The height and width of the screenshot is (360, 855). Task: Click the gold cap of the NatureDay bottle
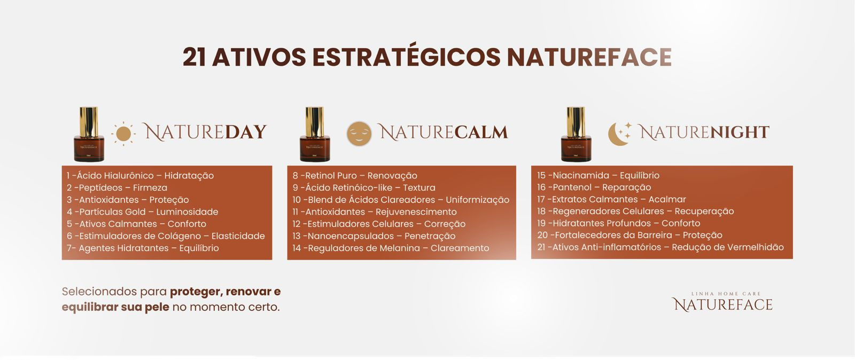89,122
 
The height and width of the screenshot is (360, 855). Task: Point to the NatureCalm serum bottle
315,134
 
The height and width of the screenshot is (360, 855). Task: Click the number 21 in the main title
195,57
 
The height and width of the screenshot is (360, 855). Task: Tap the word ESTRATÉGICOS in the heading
407,57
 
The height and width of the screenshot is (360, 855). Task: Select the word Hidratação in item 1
189,176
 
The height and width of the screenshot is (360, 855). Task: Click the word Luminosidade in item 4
187,212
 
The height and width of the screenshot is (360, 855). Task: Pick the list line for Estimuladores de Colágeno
166,236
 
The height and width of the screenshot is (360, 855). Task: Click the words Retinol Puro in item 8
331,176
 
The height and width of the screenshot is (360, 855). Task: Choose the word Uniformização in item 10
478,200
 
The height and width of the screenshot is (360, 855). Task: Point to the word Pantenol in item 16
572,187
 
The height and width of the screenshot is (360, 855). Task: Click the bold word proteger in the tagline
196,292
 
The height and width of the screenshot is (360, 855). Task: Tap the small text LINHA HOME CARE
726,294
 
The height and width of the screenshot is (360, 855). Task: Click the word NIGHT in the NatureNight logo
739,132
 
